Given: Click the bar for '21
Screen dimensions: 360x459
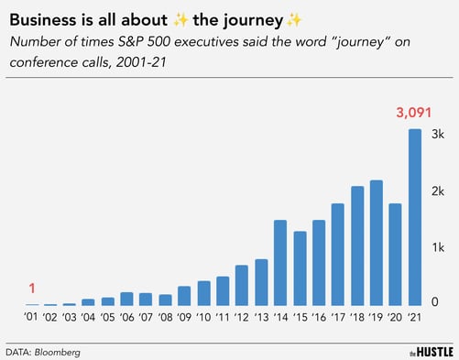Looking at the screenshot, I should [415, 217].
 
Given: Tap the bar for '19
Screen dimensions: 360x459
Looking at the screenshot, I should [377, 243].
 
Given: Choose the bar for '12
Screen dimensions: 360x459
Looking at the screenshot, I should [242, 285].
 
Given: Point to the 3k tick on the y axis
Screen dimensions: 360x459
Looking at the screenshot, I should [439, 134].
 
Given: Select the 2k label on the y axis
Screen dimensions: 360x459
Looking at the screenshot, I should [439, 191].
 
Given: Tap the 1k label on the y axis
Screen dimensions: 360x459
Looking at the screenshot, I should [439, 247].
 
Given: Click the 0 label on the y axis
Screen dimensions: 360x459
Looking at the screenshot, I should [435, 303].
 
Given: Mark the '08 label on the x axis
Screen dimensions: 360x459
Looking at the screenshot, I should [165, 318].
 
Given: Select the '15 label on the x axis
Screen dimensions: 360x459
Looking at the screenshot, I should [300, 318].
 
